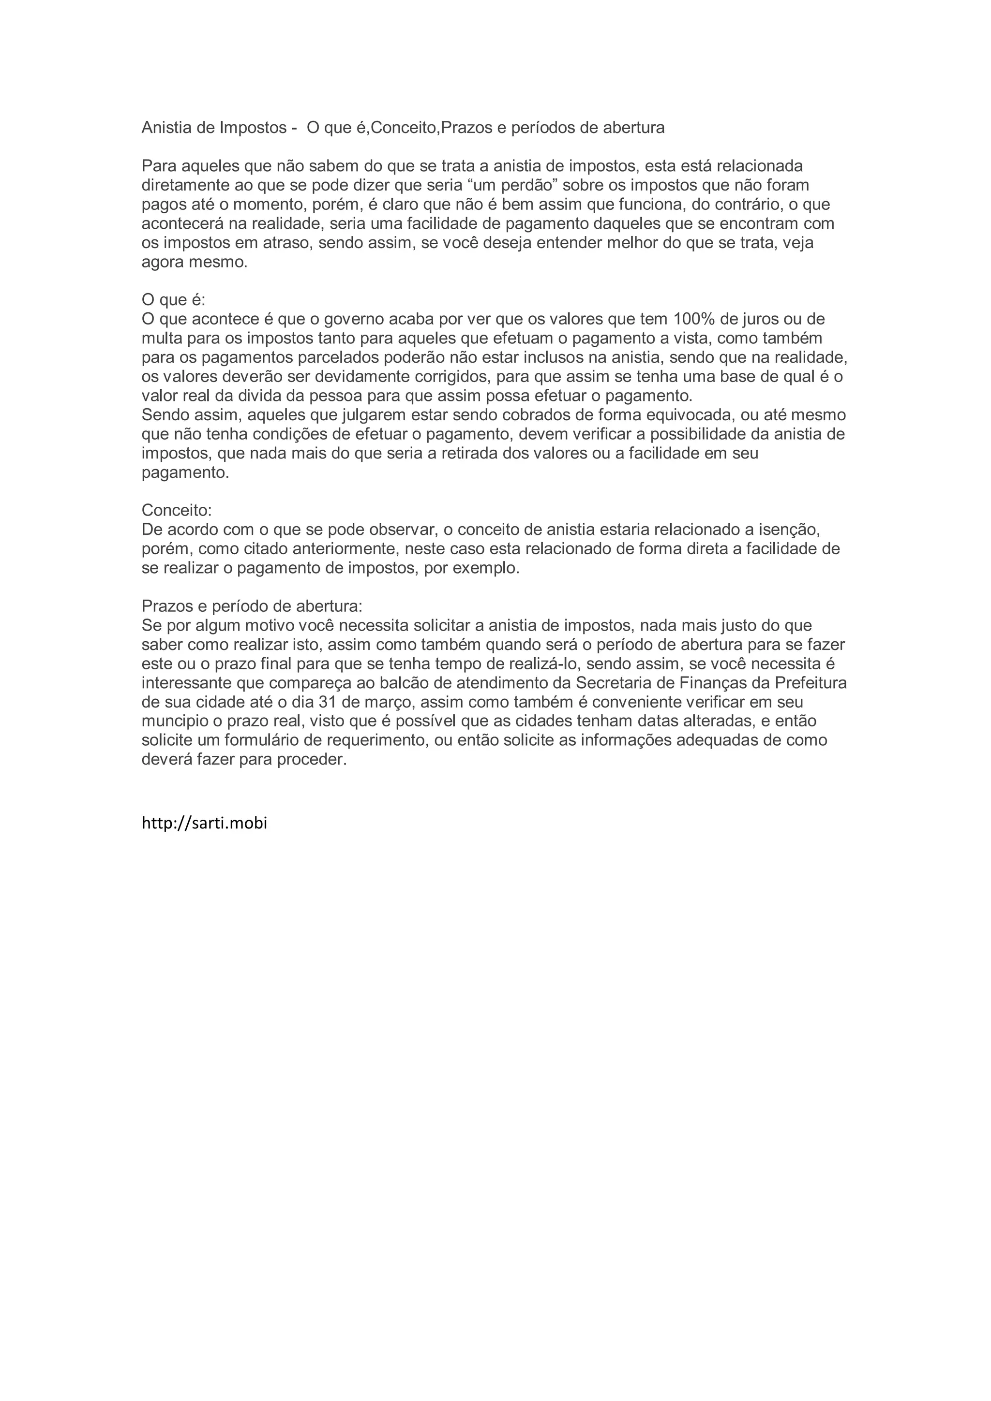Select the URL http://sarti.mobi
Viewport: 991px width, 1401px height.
[x=205, y=823]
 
